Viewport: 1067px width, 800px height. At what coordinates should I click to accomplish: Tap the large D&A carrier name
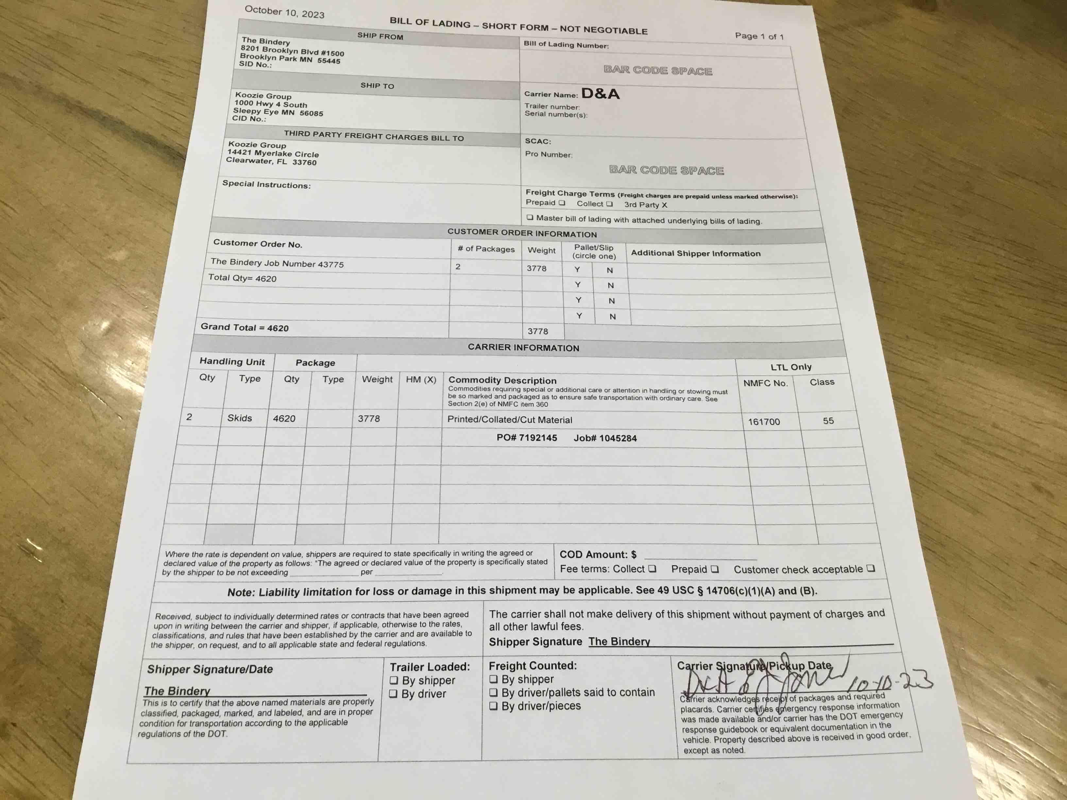click(x=600, y=93)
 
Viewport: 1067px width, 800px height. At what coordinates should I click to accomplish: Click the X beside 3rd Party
click(x=664, y=205)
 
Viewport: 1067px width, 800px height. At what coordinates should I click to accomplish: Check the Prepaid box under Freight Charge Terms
click(x=562, y=203)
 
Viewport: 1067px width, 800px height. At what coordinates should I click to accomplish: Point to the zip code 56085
click(x=311, y=113)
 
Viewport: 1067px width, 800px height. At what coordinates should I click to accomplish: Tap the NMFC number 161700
click(x=764, y=422)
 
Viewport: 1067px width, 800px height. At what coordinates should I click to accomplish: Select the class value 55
click(x=828, y=421)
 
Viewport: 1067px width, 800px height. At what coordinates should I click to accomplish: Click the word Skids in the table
click(x=240, y=418)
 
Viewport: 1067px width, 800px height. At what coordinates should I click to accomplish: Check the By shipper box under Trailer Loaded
click(x=394, y=680)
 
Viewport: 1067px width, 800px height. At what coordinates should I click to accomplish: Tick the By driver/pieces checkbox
click(x=494, y=706)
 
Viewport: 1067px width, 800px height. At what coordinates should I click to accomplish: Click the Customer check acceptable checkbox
click(x=870, y=569)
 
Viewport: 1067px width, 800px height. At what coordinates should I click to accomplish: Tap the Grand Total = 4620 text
click(x=245, y=327)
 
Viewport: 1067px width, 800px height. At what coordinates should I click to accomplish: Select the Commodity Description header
click(x=502, y=380)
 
